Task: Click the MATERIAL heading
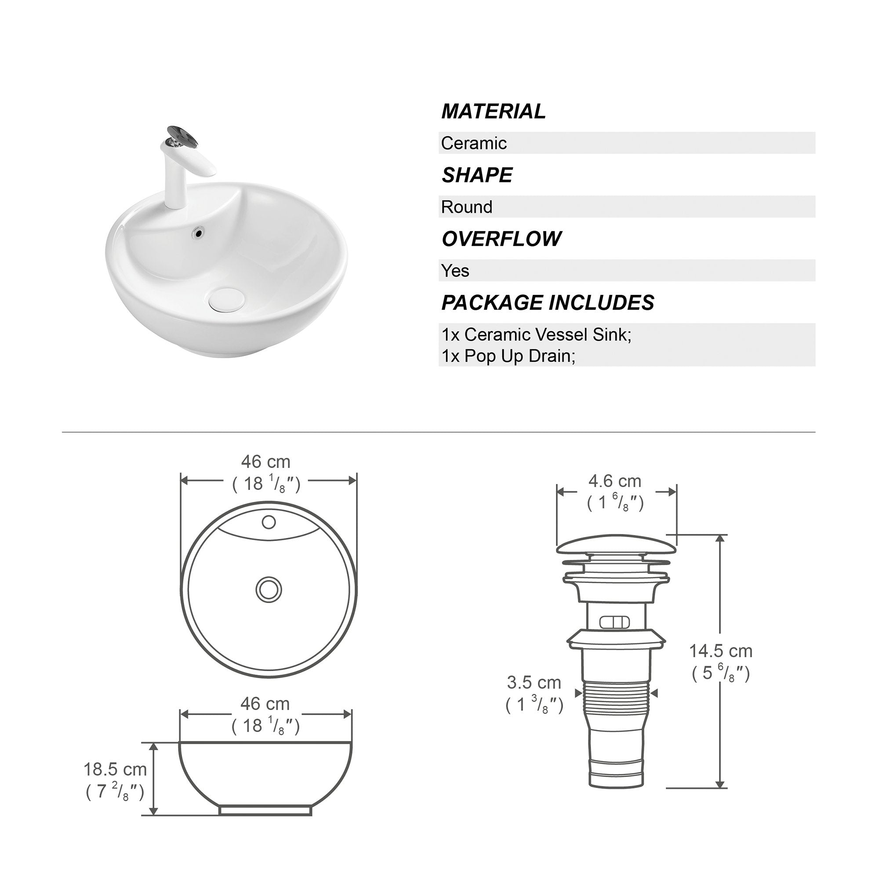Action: point(493,112)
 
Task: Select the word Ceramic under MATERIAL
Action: point(474,143)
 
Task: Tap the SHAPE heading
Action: point(477,175)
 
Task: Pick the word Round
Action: point(467,207)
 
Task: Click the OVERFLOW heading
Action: point(501,239)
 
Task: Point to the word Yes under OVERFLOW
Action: point(455,271)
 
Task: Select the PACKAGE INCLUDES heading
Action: point(548,302)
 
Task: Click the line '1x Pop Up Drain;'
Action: point(509,356)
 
